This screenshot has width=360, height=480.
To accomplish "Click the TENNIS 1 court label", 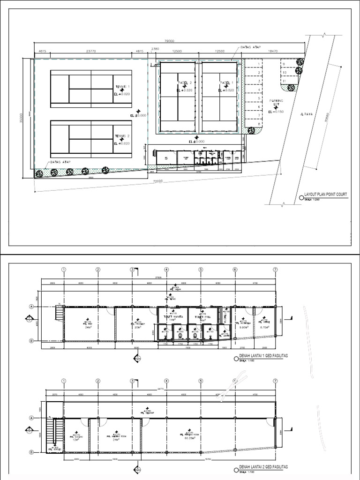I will pos(122,87).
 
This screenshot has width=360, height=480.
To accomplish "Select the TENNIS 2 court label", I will pos(122,136).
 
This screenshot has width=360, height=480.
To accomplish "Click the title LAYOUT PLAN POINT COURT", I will pos(326,193).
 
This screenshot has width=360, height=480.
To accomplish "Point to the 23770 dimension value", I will pos(91,51).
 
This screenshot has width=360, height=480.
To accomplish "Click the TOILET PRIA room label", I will pos(202,316).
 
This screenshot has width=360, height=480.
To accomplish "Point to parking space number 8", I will pos(258,124).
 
